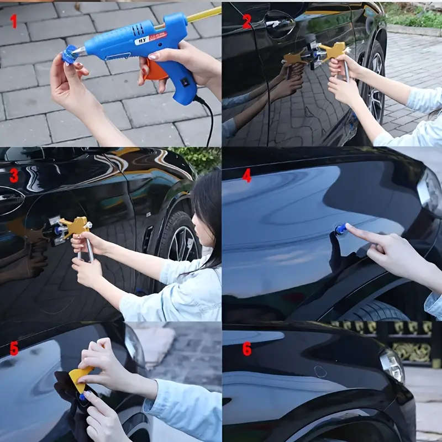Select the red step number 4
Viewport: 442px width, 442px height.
pyautogui.click(x=246, y=176)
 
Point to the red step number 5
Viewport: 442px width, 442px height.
pyautogui.click(x=14, y=349)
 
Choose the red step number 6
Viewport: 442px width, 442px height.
pyautogui.click(x=246, y=349)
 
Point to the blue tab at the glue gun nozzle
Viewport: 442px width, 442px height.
pyautogui.click(x=70, y=55)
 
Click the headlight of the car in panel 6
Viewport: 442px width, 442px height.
pyautogui.click(x=392, y=365)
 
